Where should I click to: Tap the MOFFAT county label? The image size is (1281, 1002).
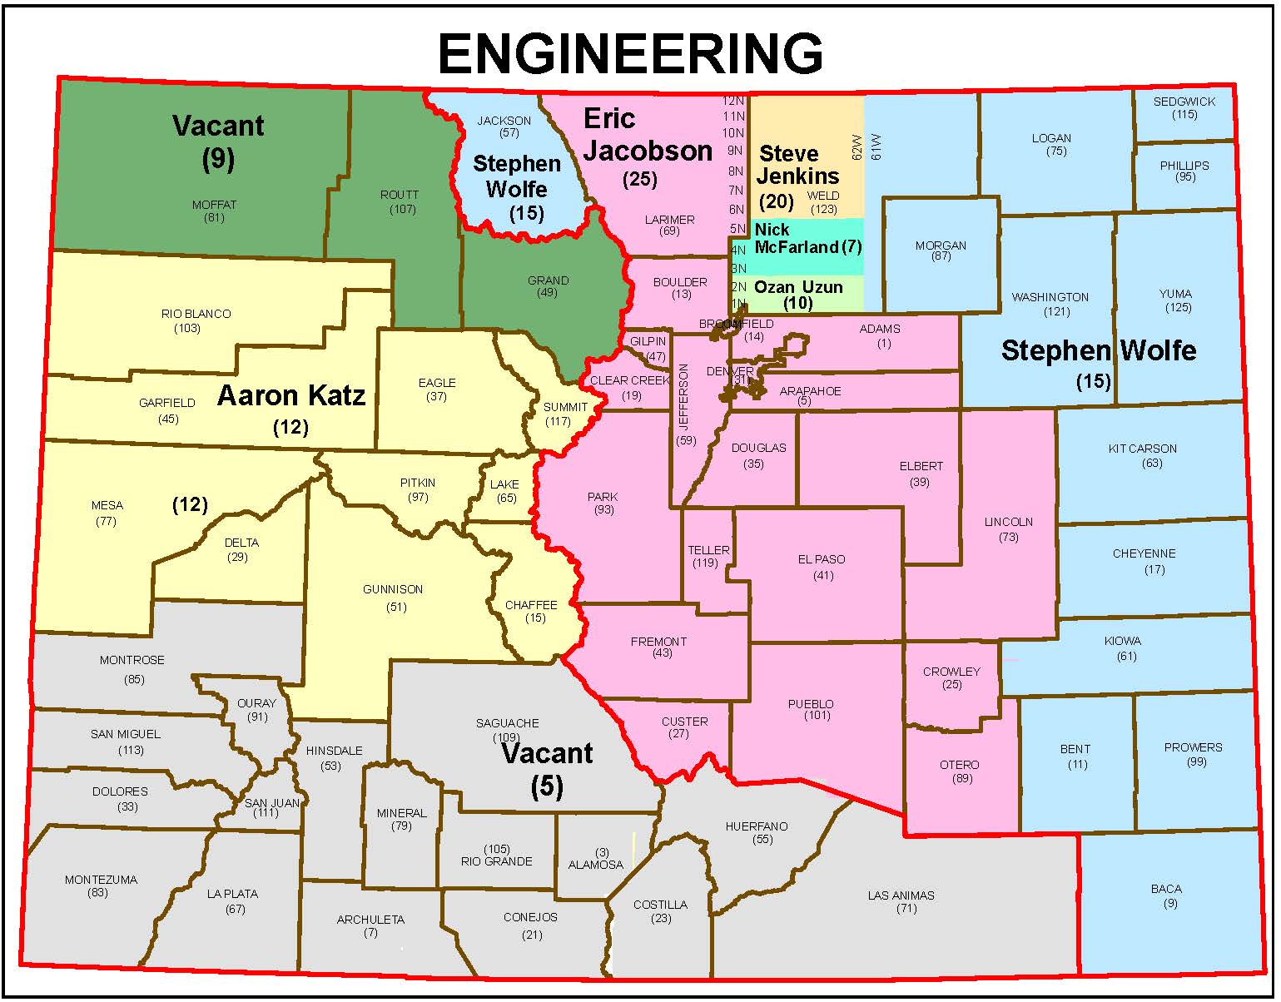click(x=214, y=205)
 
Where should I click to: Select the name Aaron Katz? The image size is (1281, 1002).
click(x=291, y=395)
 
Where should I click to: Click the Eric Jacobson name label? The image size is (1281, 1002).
click(x=647, y=135)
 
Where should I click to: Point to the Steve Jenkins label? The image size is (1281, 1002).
click(x=797, y=165)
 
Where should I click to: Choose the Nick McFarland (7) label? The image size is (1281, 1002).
click(x=807, y=238)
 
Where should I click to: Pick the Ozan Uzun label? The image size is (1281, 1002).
click(x=798, y=287)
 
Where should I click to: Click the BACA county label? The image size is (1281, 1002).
click(x=1166, y=889)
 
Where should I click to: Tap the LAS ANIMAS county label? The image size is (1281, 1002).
click(x=901, y=895)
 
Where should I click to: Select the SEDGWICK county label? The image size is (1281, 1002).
click(x=1184, y=102)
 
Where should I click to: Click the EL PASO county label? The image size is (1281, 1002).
click(x=822, y=559)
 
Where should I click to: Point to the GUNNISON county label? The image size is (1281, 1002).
click(x=393, y=589)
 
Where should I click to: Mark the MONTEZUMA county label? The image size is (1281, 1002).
click(x=101, y=880)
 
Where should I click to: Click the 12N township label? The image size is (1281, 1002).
click(x=732, y=101)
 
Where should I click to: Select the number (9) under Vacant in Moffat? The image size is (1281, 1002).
click(x=218, y=158)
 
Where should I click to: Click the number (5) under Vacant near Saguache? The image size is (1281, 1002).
click(x=547, y=786)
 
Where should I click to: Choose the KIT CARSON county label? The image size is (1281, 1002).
click(x=1142, y=449)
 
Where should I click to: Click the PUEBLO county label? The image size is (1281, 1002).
click(x=810, y=704)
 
